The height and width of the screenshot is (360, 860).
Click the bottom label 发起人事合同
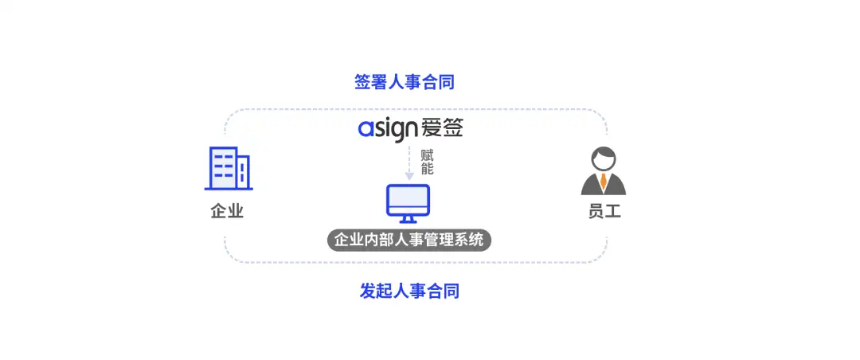tap(409, 291)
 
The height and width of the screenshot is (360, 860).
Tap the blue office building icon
tap(229, 169)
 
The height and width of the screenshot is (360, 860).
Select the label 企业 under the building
tap(227, 212)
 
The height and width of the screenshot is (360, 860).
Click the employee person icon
tap(603, 172)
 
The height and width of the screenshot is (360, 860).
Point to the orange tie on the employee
tap(604, 182)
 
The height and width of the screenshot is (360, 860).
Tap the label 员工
tap(604, 212)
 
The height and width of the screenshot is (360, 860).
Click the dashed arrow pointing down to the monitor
tap(408, 162)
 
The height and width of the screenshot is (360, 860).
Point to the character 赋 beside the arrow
tap(427, 155)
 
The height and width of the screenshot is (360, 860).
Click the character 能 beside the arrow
tap(427, 169)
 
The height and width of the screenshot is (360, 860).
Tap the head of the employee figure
tap(604, 158)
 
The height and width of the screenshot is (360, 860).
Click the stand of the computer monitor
tap(408, 219)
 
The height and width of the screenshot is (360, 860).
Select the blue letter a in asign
tap(365, 129)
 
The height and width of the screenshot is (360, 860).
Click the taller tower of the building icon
tap(223, 168)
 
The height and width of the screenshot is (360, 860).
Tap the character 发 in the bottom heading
tap(367, 291)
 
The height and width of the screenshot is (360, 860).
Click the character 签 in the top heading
tap(363, 81)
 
